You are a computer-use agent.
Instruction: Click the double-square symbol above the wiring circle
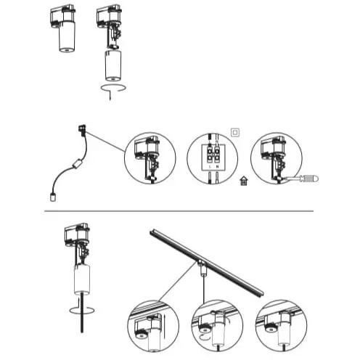234,132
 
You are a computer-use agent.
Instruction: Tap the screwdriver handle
311,178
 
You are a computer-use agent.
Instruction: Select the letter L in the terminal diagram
210,168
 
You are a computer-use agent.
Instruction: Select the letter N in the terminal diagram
218,168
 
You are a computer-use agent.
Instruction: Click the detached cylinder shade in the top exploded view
112,65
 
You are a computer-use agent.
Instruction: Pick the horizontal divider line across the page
179,210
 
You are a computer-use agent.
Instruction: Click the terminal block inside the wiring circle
213,154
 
